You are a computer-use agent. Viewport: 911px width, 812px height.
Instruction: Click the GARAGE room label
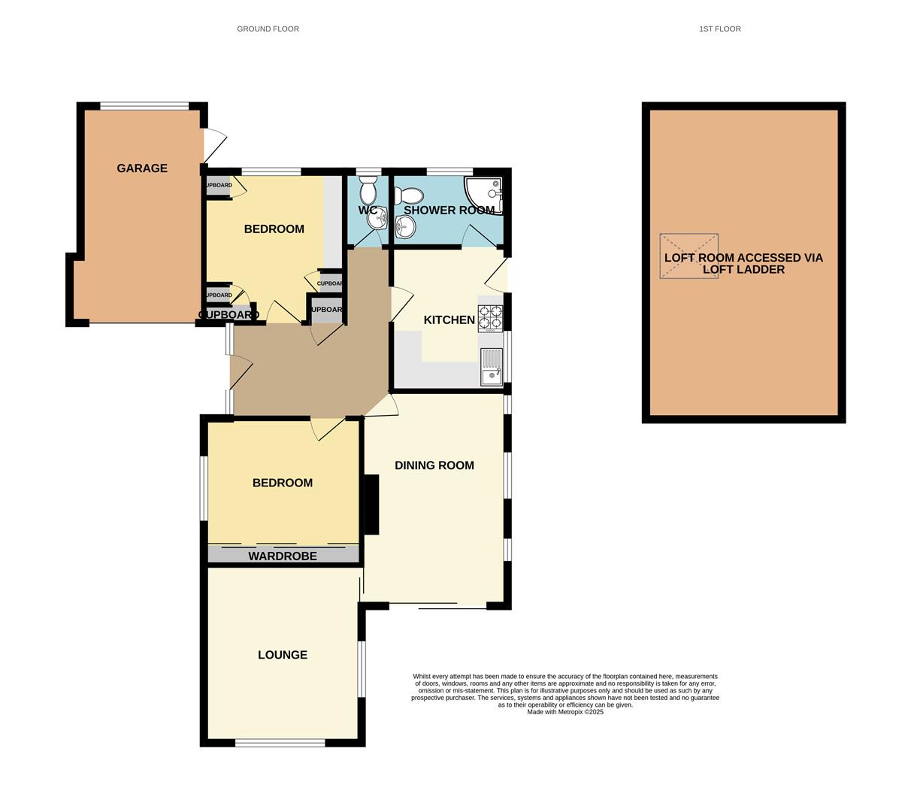pyautogui.click(x=142, y=168)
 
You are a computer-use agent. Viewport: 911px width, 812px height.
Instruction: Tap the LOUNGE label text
pyautogui.click(x=283, y=655)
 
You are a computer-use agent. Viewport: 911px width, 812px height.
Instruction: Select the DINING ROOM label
pyautogui.click(x=434, y=465)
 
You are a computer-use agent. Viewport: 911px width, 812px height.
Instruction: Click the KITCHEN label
pyautogui.click(x=449, y=320)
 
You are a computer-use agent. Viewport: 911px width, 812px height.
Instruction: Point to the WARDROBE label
pyautogui.click(x=283, y=556)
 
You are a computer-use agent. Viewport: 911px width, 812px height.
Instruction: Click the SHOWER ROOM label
pyautogui.click(x=449, y=211)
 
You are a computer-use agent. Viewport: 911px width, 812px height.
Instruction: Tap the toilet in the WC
pyautogui.click(x=368, y=191)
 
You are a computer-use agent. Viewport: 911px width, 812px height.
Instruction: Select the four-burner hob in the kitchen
pyautogui.click(x=490, y=319)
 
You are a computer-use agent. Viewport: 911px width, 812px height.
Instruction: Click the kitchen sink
pyautogui.click(x=492, y=367)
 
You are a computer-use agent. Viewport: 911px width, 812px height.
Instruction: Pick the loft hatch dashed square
pyautogui.click(x=689, y=256)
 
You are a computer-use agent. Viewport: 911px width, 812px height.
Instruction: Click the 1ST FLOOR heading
pyautogui.click(x=719, y=29)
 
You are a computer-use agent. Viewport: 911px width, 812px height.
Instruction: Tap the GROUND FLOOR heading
pyautogui.click(x=268, y=29)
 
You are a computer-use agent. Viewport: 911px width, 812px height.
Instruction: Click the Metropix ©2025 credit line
pyautogui.click(x=564, y=712)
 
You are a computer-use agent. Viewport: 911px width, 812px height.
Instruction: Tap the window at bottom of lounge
pyautogui.click(x=280, y=743)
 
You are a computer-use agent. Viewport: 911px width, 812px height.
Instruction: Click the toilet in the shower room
pyautogui.click(x=404, y=196)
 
